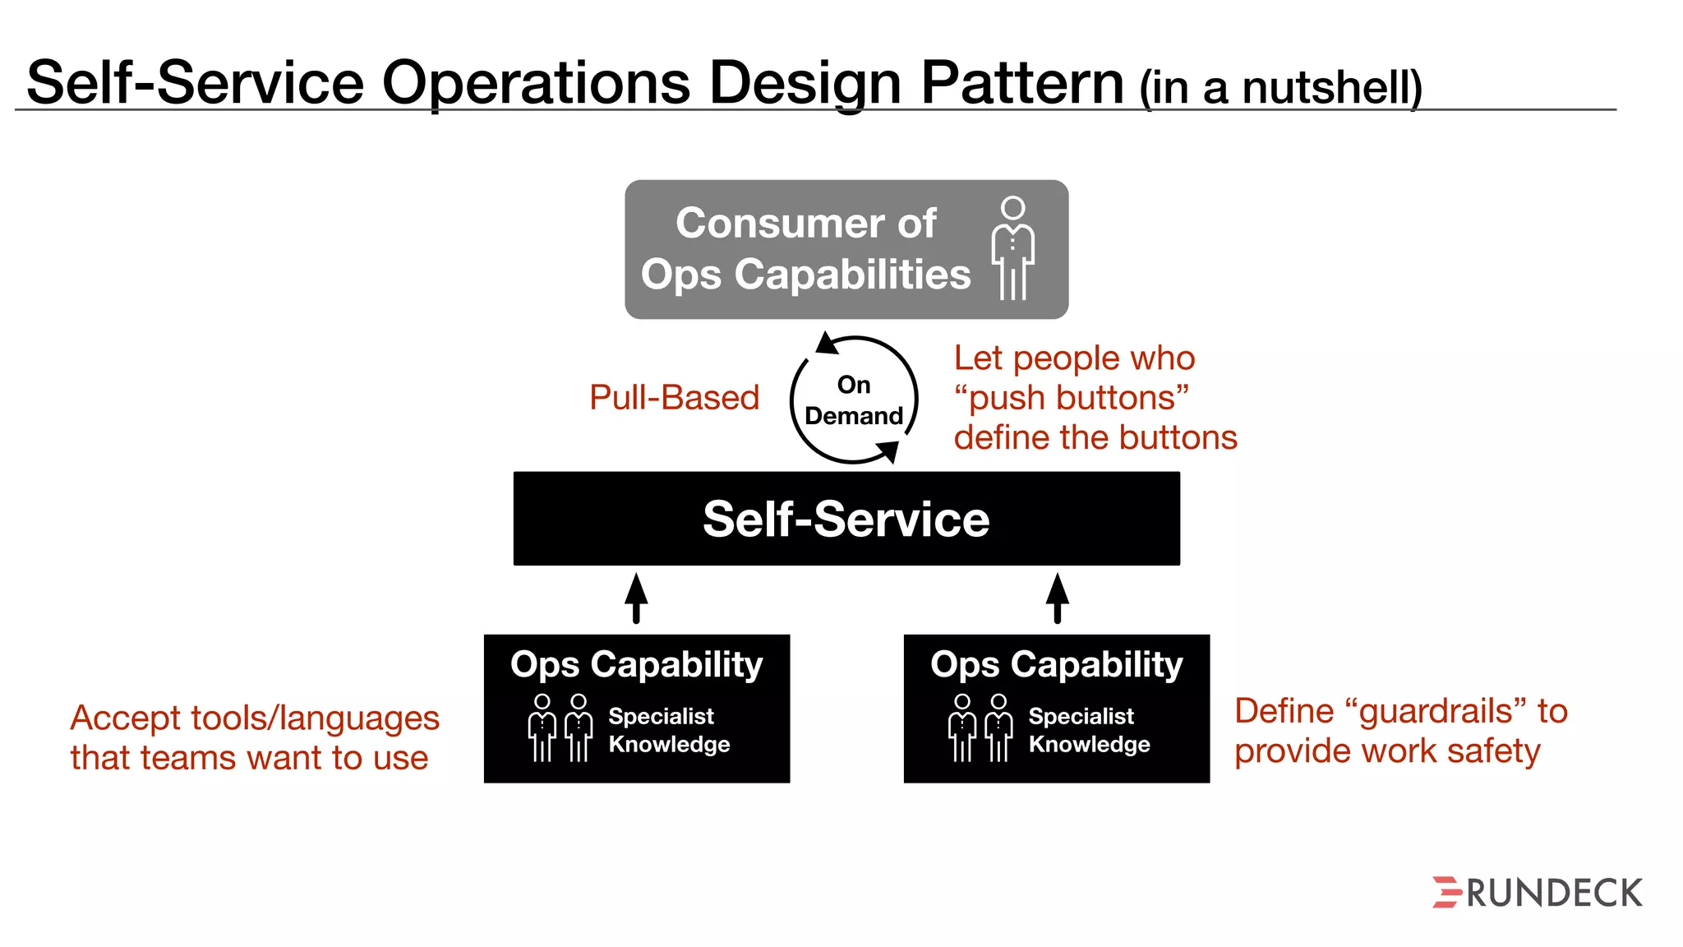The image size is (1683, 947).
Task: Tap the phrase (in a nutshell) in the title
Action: click(1280, 87)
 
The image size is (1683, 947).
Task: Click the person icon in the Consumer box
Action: click(1012, 248)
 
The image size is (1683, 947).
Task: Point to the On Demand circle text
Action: click(854, 400)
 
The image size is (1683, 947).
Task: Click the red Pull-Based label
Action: click(674, 398)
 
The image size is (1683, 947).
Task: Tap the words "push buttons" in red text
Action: click(1071, 398)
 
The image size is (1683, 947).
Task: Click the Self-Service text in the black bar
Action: click(846, 520)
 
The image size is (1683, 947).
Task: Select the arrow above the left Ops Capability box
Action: click(636, 598)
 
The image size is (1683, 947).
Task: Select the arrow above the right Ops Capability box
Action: click(1057, 598)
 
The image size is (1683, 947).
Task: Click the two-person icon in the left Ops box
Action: click(560, 728)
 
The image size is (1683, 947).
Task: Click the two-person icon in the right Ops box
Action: click(980, 728)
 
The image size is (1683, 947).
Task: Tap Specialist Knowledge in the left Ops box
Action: click(668, 730)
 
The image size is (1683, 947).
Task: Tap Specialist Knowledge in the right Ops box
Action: click(1088, 730)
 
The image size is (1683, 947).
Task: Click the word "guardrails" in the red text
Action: click(1435, 711)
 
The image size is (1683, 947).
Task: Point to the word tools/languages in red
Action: click(315, 718)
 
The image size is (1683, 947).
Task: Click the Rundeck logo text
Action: click(1553, 894)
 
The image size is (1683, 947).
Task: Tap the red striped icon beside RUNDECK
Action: click(1446, 893)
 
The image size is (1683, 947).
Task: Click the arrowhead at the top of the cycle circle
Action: click(827, 343)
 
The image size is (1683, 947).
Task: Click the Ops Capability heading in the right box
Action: click(1056, 664)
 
